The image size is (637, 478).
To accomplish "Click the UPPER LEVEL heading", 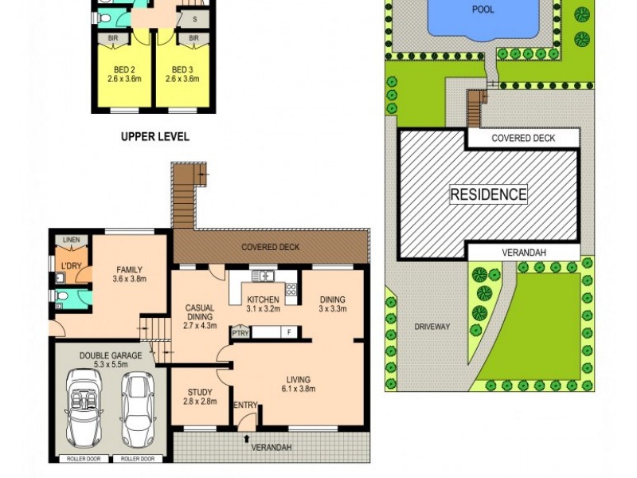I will [154, 137].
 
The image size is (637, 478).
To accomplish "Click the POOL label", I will [483, 10].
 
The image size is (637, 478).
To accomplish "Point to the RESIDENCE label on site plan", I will [489, 194].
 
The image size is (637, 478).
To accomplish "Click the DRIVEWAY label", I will [432, 327].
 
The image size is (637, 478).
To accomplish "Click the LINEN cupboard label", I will [72, 241].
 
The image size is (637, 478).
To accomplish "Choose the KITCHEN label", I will [262, 300].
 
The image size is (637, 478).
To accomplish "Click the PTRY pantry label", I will [240, 332].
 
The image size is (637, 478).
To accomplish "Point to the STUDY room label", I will [200, 392].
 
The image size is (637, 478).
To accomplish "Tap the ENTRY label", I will [245, 406].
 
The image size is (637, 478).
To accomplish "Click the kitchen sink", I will [262, 276].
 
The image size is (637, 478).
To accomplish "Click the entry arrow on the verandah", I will [246, 437].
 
